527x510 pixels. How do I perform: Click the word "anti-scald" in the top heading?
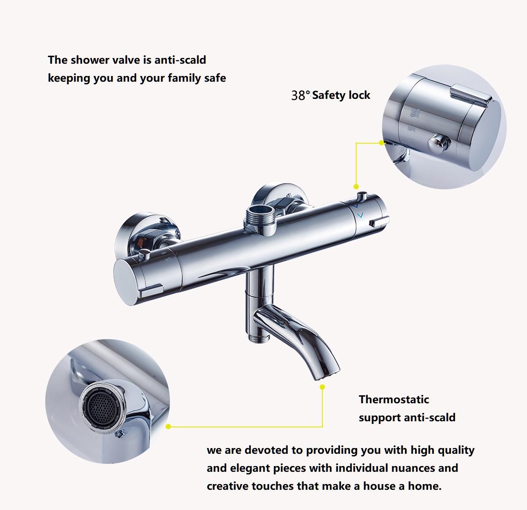(180, 60)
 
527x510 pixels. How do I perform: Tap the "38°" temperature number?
(300, 95)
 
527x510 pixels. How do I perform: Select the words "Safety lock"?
(341, 95)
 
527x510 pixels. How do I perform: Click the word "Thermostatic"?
(393, 399)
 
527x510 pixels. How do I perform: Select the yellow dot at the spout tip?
(322, 387)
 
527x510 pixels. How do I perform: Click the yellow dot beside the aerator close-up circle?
(168, 426)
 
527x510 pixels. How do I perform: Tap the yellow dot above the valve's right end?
(356, 187)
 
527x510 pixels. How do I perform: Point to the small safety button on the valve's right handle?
(363, 195)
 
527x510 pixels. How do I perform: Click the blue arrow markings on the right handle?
(359, 210)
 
